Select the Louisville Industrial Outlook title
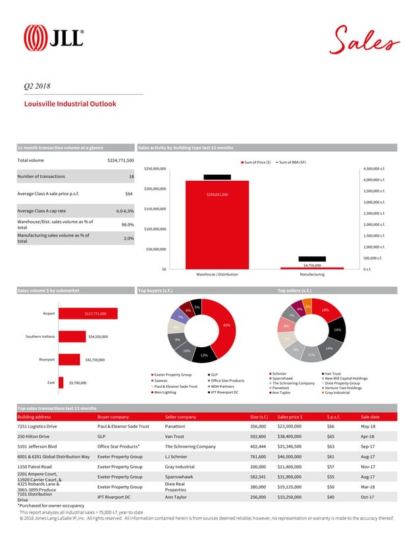tap(70, 104)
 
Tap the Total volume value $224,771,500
tap(120, 160)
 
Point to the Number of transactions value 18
tap(131, 177)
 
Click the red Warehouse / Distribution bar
tap(217, 224)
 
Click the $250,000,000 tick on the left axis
tap(155, 168)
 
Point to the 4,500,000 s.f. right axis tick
tap(373, 168)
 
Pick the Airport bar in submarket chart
tap(88, 314)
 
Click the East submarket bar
tap(61, 382)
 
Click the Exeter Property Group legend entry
tap(173, 375)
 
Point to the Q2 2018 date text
tap(37, 85)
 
